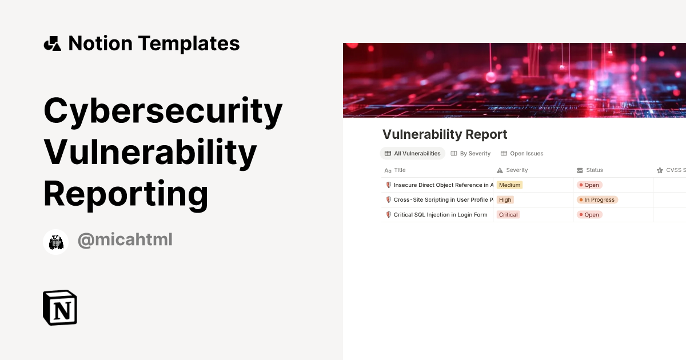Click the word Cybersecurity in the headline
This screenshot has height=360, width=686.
click(x=163, y=111)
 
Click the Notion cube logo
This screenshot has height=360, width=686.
click(x=60, y=307)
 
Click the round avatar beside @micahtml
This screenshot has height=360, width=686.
click(x=55, y=242)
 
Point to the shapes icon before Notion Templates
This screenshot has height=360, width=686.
click(x=53, y=43)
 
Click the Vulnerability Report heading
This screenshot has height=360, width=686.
click(x=444, y=134)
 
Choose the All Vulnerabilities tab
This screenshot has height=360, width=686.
click(x=412, y=153)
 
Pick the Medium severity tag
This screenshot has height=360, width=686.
click(x=509, y=185)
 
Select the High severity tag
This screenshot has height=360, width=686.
click(x=505, y=200)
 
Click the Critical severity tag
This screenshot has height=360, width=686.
click(x=508, y=215)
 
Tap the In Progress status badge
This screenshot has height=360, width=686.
click(x=597, y=200)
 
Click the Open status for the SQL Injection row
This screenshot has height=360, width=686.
click(x=589, y=215)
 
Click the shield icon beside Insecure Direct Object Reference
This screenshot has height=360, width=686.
click(x=389, y=185)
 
